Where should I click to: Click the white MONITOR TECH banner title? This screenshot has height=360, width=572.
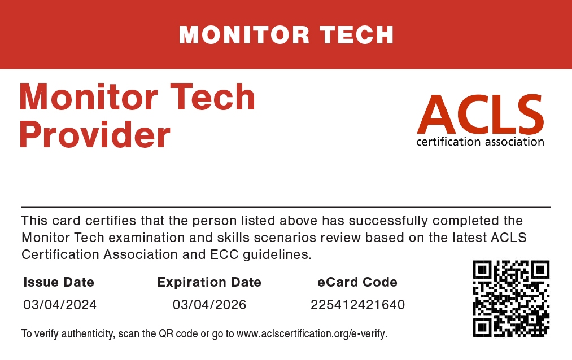pyautogui.click(x=286, y=35)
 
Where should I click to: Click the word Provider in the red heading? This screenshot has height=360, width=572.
pyautogui.click(x=95, y=135)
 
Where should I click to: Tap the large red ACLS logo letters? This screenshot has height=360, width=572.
pyautogui.click(x=481, y=115)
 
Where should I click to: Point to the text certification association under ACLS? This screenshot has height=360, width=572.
pyautogui.click(x=480, y=142)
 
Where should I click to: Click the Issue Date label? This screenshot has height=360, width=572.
pyautogui.click(x=59, y=282)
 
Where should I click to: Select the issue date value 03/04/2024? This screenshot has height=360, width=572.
pyautogui.click(x=60, y=305)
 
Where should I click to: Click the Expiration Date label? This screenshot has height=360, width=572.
pyautogui.click(x=209, y=282)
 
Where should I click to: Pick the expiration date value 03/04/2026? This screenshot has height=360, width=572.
pyautogui.click(x=209, y=305)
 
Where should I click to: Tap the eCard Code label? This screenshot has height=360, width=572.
pyautogui.click(x=357, y=282)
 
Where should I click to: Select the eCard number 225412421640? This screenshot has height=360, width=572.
pyautogui.click(x=357, y=305)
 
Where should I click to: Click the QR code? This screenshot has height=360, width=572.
pyautogui.click(x=511, y=298)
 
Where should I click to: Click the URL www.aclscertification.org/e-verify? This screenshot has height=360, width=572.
pyautogui.click(x=312, y=334)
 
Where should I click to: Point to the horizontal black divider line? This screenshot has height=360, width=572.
pyautogui.click(x=286, y=207)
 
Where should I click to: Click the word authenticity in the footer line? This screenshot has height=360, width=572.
pyautogui.click(x=87, y=334)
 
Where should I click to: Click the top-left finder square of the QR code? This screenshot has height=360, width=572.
pyautogui.click(x=482, y=270)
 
